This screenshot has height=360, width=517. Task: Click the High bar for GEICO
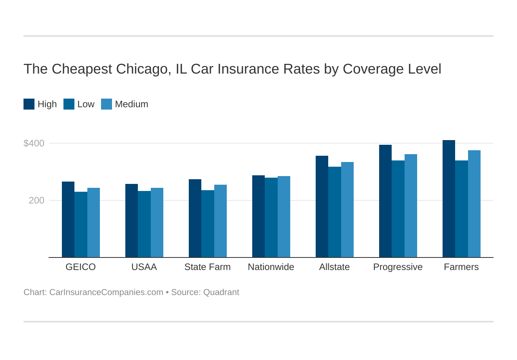point(68,219)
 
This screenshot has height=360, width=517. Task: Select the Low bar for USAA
point(144,224)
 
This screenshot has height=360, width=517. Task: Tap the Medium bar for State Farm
point(221,221)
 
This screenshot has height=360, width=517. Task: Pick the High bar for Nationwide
point(258,216)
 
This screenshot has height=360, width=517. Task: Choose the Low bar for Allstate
point(334,212)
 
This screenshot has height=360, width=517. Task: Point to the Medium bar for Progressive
point(411,205)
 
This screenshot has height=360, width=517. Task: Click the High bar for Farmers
point(449,198)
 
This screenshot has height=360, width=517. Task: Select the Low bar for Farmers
point(461,209)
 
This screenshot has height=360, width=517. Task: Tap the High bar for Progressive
point(385,201)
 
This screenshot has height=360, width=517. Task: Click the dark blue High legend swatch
point(29,104)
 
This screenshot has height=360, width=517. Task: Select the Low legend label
point(86,104)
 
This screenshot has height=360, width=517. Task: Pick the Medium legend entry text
point(132,104)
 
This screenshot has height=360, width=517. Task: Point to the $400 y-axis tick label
point(34,143)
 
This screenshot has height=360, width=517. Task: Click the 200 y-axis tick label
point(36,200)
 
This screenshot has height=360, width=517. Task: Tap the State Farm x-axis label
point(208,267)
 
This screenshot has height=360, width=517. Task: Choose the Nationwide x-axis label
point(271,267)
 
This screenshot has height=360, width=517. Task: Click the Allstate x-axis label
point(334,267)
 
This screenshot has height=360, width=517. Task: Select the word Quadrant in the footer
point(221,292)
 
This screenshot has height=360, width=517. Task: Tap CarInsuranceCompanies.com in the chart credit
point(106,292)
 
